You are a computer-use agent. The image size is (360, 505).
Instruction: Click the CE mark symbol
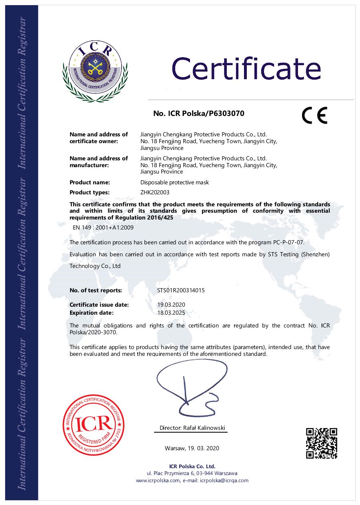coord(314,115)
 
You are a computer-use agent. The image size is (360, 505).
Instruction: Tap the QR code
coord(322,443)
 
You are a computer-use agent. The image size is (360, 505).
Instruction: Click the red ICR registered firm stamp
coord(94,424)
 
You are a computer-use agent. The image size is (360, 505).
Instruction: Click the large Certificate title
coord(246,68)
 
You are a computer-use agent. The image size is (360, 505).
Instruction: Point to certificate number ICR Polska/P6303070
coord(199,114)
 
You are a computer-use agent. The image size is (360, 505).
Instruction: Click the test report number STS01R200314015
coord(181,291)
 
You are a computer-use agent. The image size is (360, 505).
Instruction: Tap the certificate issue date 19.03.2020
coord(171,305)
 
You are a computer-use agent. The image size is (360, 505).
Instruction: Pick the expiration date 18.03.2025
coord(171,313)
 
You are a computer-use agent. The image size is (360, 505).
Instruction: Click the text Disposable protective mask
coord(174,182)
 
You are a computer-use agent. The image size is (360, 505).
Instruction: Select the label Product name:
coord(90,182)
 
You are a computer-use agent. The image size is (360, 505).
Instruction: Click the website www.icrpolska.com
coord(158,481)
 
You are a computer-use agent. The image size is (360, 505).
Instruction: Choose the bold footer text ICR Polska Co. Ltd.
coord(192,466)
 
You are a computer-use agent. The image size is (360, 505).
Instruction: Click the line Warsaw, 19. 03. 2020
coord(192,448)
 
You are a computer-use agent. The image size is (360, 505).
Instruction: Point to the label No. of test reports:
coord(96,291)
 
